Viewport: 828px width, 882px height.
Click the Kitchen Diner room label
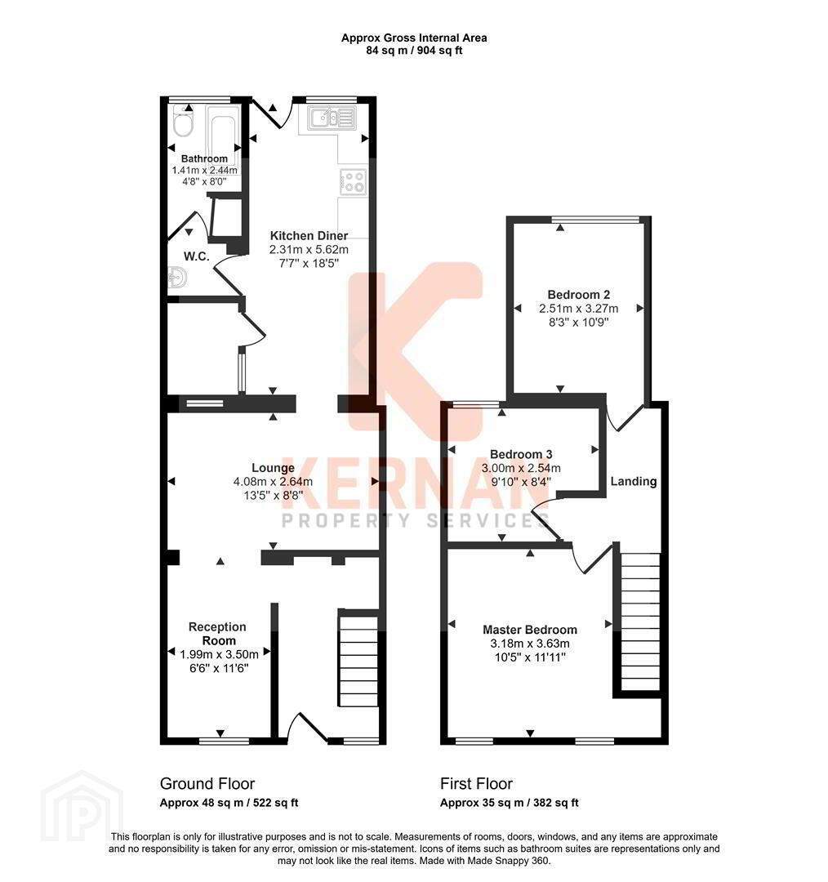click(x=309, y=236)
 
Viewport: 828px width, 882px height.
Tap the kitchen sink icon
click(x=332, y=118)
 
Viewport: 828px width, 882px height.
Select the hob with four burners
click(x=354, y=181)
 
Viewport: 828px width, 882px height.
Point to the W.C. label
click(x=196, y=256)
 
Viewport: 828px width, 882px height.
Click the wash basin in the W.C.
click(x=176, y=278)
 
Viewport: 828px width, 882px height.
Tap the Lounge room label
click(x=273, y=468)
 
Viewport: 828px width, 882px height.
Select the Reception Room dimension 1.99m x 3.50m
click(x=220, y=654)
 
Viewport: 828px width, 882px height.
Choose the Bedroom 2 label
click(x=579, y=295)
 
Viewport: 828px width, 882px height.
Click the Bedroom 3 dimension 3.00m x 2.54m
click(x=521, y=468)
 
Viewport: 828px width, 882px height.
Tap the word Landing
click(x=634, y=482)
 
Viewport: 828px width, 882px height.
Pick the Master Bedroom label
click(x=530, y=630)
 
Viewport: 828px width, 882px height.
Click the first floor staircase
click(x=640, y=621)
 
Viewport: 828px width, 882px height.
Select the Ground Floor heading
click(x=207, y=783)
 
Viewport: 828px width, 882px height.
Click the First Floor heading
click(x=476, y=783)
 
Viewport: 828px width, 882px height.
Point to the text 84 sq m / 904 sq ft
click(x=414, y=51)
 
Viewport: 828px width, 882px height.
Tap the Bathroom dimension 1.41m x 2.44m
click(x=204, y=170)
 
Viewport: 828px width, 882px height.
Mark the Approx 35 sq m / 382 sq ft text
click(x=509, y=803)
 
